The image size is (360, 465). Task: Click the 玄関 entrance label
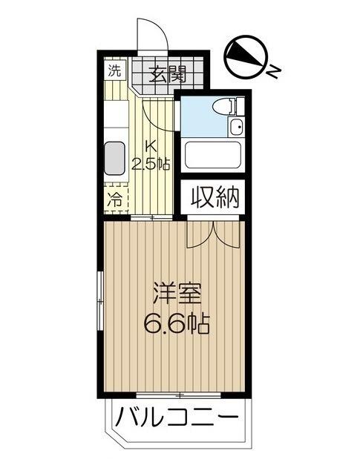167,74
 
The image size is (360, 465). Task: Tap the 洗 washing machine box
115,71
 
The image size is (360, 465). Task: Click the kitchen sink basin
114,159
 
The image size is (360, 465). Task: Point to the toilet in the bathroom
228,106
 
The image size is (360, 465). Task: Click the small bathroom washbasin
236,128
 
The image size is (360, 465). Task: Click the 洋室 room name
177,294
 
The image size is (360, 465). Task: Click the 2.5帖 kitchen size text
151,163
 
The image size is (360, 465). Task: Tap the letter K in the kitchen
151,146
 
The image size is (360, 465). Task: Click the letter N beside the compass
273,71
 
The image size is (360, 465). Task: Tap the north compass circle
246,56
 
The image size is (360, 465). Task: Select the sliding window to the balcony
178,188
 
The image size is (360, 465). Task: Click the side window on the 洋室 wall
100,302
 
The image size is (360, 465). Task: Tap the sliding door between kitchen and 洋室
151,218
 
